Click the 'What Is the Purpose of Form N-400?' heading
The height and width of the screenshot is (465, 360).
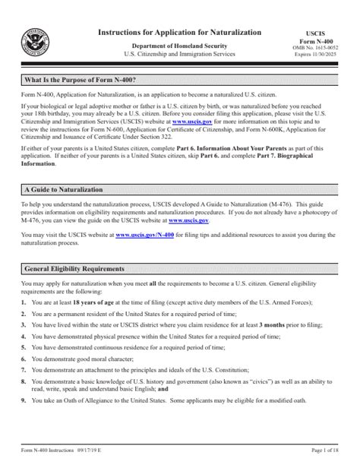[81, 80]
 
